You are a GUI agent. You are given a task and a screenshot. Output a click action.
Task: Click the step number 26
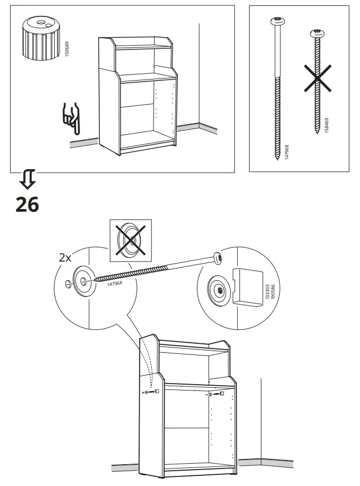click(x=27, y=204)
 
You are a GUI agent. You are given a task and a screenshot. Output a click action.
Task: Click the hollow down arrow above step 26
click(x=27, y=181)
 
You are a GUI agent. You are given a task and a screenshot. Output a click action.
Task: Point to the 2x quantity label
click(x=65, y=258)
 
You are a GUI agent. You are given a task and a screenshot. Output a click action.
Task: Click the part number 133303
click(x=267, y=291)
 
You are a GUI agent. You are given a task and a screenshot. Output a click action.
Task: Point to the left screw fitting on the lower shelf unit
click(x=151, y=392)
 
